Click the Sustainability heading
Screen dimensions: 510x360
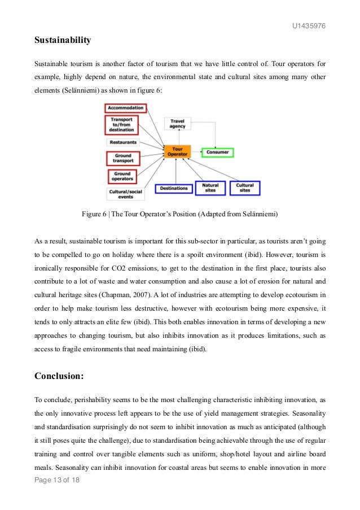coord(63,41)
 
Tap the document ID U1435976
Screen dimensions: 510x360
coord(309,26)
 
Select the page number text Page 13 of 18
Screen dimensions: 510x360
coord(58,496)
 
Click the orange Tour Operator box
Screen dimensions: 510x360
coord(177,151)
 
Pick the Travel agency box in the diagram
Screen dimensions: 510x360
coord(177,123)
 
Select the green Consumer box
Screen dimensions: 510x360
coord(217,152)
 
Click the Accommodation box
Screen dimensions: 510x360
coord(126,108)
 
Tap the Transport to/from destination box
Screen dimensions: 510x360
coord(121,125)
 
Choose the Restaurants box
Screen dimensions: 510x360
coord(123,142)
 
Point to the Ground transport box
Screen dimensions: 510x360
coord(122,158)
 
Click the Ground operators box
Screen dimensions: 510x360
coord(122,176)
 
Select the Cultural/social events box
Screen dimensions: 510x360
coord(125,194)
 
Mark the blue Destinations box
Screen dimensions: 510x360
coord(174,188)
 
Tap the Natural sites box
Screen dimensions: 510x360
coord(210,188)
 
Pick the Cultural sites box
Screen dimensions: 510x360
coord(245,188)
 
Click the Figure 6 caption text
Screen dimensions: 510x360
coord(180,215)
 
